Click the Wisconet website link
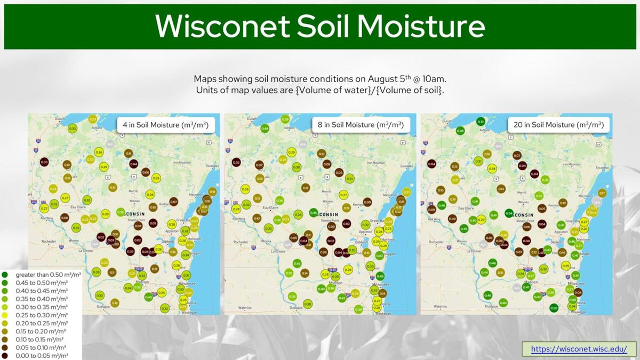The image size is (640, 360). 579,349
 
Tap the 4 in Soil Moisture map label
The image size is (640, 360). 165,125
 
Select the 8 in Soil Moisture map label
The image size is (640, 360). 361,125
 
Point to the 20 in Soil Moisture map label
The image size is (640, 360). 558,125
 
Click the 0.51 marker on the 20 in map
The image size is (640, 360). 481,122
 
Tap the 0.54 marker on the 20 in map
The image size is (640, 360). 509,213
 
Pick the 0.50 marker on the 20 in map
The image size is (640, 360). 554,308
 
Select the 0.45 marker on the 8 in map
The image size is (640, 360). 314,213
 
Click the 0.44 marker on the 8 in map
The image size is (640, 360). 265,129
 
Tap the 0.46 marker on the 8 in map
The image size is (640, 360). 380,276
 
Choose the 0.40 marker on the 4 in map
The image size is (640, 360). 148,297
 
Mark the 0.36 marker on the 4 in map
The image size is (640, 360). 121,212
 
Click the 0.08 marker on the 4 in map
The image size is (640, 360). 65,218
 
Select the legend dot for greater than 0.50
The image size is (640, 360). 5,275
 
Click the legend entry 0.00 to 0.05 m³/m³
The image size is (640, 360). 42,356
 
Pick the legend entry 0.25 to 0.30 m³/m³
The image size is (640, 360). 42,315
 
